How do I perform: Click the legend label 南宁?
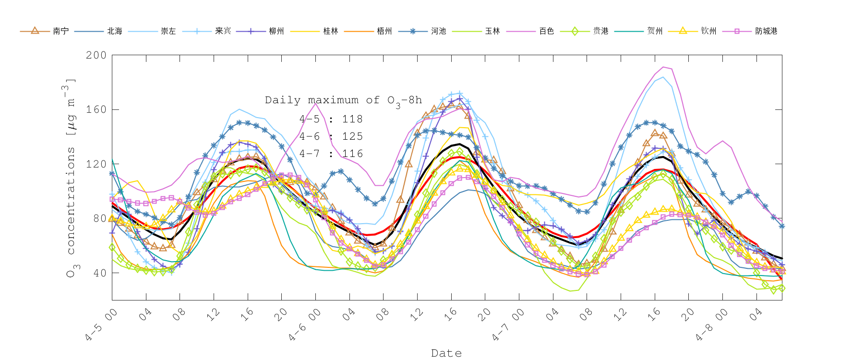60,31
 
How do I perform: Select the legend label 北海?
114,31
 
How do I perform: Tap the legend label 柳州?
276,31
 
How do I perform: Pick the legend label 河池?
438,31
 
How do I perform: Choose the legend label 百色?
546,31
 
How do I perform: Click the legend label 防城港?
766,31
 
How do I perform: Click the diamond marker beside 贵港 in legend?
574,31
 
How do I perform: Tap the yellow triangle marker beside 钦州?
682,31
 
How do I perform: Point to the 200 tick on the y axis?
96,55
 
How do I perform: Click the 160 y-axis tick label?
96,109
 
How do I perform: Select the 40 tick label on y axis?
99,273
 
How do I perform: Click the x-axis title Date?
446,353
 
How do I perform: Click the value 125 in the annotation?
352,136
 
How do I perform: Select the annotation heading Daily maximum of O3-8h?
343,100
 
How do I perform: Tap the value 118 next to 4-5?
352,119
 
